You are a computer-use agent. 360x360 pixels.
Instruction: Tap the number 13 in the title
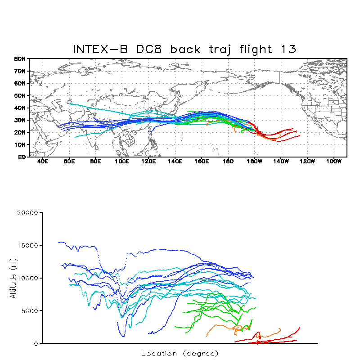click(x=288, y=49)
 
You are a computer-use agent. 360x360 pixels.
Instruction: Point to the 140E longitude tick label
click(x=175, y=161)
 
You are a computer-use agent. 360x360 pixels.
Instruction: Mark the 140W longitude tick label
click(x=281, y=161)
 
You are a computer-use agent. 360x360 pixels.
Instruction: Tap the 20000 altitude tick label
click(x=29, y=213)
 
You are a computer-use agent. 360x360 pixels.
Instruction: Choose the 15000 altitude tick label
click(x=29, y=246)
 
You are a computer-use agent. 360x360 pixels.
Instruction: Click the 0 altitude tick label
click(x=36, y=343)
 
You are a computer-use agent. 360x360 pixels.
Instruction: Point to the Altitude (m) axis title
click(x=13, y=278)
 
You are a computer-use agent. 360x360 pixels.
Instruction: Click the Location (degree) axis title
click(x=180, y=353)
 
